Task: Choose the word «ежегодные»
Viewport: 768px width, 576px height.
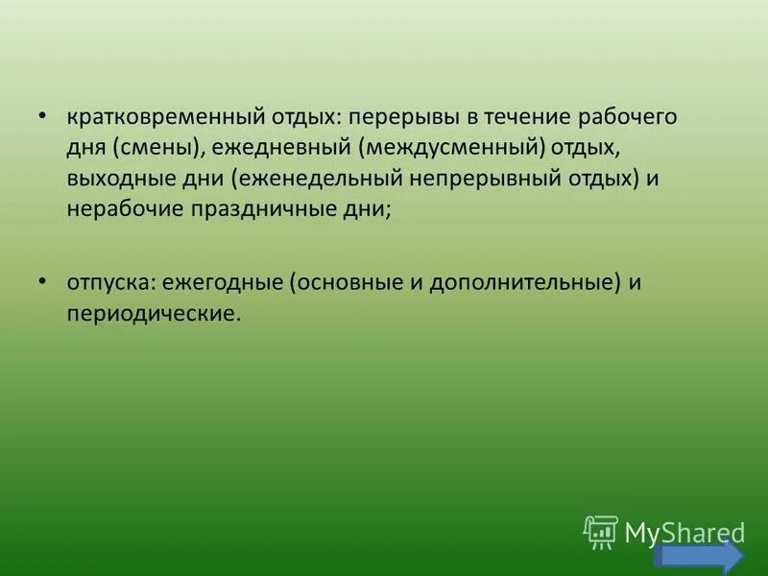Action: click(222, 283)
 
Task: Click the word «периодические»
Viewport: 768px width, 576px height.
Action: click(151, 314)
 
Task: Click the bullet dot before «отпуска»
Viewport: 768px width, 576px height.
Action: click(43, 280)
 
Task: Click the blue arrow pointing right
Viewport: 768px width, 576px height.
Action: click(699, 558)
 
